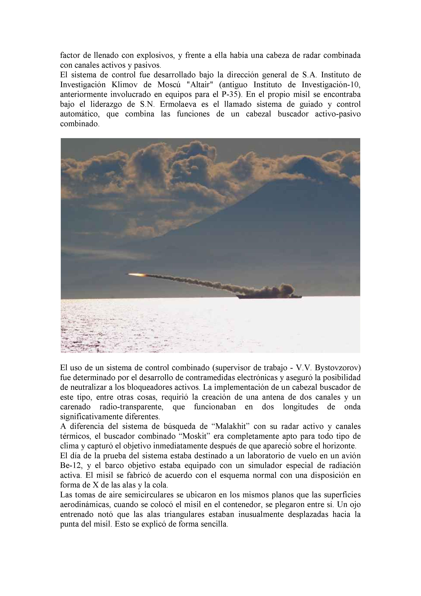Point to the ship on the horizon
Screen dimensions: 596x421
coord(270,296)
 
